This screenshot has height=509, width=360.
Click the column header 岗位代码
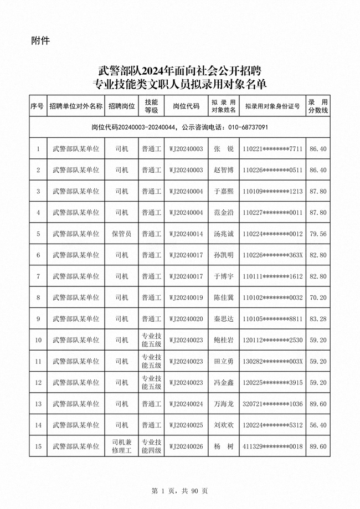point(186,106)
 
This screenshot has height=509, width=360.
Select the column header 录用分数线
point(318,106)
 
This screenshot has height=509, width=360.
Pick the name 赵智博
point(224,170)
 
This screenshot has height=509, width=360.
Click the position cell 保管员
point(122,234)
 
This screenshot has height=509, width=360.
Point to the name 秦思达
point(224,319)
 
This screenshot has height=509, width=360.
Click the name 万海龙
point(224,404)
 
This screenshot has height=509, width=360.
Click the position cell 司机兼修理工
point(122,446)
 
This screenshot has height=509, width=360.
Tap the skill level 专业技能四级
point(151,446)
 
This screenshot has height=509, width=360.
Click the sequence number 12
point(38,382)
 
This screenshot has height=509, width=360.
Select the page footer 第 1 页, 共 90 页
point(180,491)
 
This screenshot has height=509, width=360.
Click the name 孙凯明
point(224,255)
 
